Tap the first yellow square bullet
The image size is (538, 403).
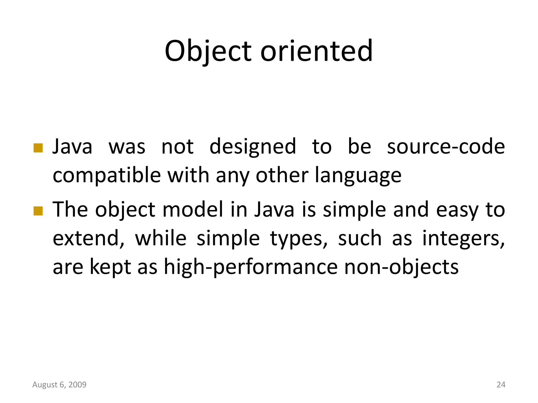pyautogui.click(x=38, y=148)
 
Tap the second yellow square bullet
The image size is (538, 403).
pyautogui.click(x=38, y=211)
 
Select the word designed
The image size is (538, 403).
pyautogui.click(x=253, y=147)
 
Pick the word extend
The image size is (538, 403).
pyautogui.click(x=89, y=238)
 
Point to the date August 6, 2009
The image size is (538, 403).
pyautogui.click(x=59, y=385)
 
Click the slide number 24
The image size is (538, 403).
pyautogui.click(x=501, y=385)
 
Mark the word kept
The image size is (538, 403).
pyautogui.click(x=110, y=267)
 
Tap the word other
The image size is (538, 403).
pyautogui.click(x=282, y=175)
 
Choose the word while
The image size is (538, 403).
pyautogui.click(x=161, y=238)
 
